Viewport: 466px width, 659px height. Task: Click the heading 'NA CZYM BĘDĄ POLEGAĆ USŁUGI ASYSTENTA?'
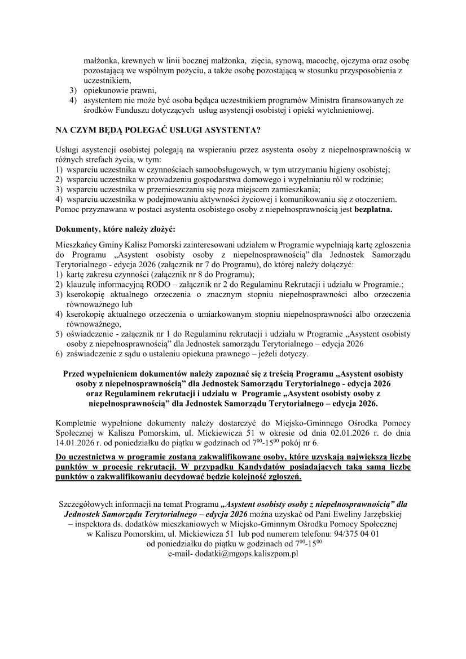(157, 130)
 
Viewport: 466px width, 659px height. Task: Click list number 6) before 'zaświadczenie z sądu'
(59, 353)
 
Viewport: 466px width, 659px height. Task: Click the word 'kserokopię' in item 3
(86, 294)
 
